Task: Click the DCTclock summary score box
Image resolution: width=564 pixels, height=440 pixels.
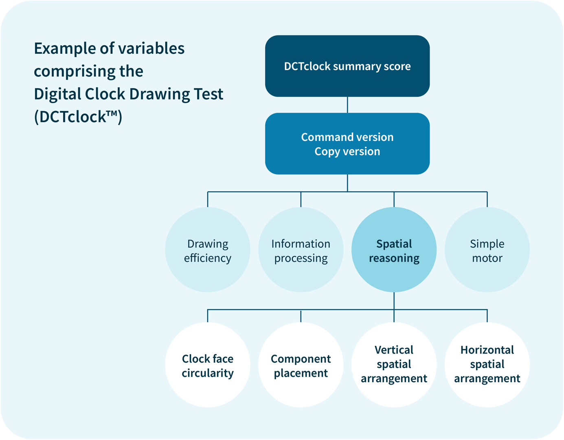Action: pyautogui.click(x=347, y=66)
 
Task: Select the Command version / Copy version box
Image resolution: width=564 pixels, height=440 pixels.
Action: pyautogui.click(x=347, y=144)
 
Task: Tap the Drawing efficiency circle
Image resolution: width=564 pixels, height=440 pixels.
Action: pyautogui.click(x=208, y=250)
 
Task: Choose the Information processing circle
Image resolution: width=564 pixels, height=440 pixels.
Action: pyautogui.click(x=301, y=250)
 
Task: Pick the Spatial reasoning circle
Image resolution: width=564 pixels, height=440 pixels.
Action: pyautogui.click(x=394, y=250)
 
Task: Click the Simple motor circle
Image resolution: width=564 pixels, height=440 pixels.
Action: pyautogui.click(x=487, y=250)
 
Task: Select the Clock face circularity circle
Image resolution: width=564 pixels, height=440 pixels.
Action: pyautogui.click(x=208, y=365)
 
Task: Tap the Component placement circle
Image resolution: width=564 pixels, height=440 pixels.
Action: pyautogui.click(x=301, y=365)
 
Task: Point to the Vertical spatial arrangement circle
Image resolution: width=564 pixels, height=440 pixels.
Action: pyautogui.click(x=394, y=365)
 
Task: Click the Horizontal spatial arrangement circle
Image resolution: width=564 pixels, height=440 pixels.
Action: pyautogui.click(x=487, y=365)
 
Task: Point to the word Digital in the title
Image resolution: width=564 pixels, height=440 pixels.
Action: pyautogui.click(x=57, y=94)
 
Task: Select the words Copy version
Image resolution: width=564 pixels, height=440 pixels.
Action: pyautogui.click(x=347, y=152)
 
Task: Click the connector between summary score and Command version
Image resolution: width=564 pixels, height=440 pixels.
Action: pyautogui.click(x=347, y=105)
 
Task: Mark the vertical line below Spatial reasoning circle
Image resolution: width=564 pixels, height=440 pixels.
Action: pyautogui.click(x=394, y=301)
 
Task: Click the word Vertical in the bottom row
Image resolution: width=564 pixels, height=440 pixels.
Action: pyautogui.click(x=394, y=350)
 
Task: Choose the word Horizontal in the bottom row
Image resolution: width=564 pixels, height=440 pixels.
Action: pyautogui.click(x=487, y=350)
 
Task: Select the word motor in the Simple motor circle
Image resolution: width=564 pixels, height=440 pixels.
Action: pyautogui.click(x=487, y=258)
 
